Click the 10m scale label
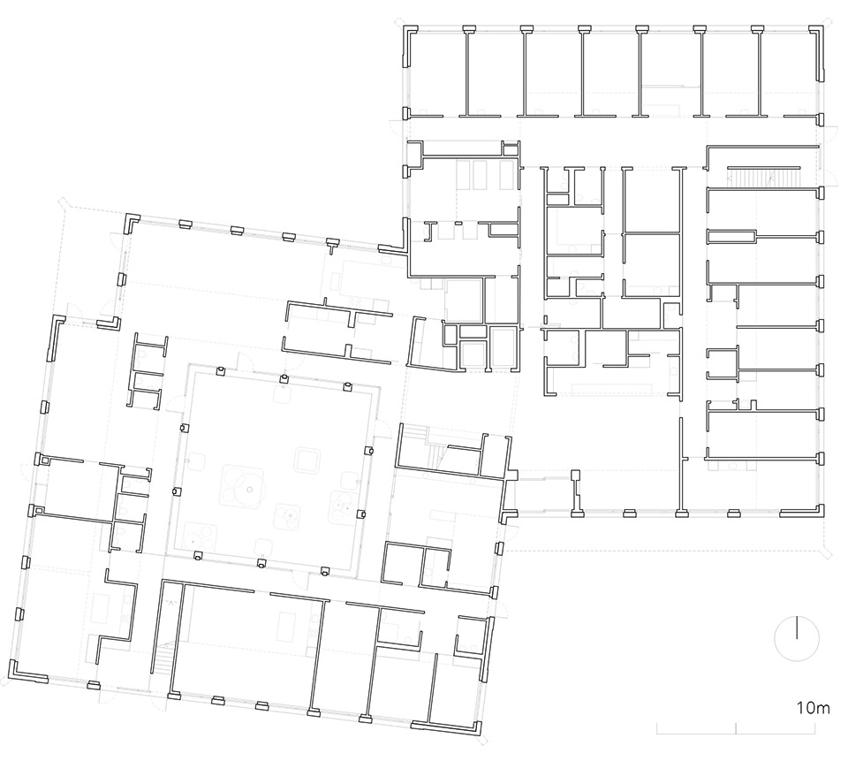click(x=813, y=707)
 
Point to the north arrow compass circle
click(x=797, y=639)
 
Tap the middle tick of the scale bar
click(x=736, y=728)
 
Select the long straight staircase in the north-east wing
click(x=762, y=178)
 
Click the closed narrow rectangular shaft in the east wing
click(x=731, y=237)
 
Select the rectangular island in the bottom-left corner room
click(x=101, y=608)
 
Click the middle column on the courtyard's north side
click(x=284, y=377)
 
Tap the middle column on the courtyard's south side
click(x=261, y=563)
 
